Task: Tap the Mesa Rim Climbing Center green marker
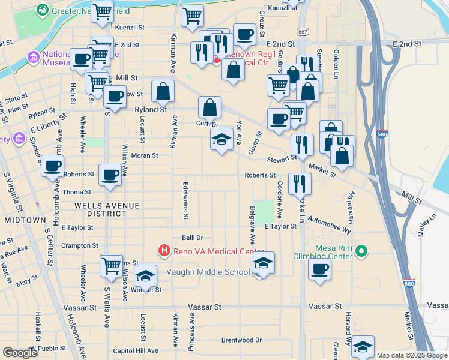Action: coord(361,251)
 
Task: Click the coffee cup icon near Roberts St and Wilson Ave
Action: coord(109,175)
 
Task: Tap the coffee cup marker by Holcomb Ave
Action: coord(53,166)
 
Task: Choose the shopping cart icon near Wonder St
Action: coord(112,266)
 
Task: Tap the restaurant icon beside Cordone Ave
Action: coord(300,184)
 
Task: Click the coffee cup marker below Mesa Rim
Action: coord(320,269)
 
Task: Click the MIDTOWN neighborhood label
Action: coord(25,220)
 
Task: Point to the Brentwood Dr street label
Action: coord(242,340)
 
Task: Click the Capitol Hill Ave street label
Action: coord(136,350)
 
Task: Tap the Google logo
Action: coord(20,353)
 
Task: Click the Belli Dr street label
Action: coord(193,238)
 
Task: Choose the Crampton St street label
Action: coord(79,245)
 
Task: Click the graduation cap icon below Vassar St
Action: coord(363,346)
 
